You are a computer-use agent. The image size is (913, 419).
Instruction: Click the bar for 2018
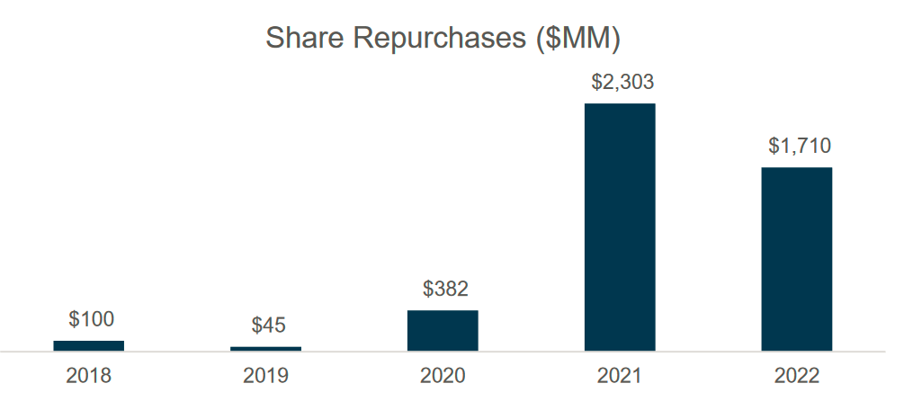(x=89, y=345)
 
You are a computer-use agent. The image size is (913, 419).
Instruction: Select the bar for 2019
(x=265, y=348)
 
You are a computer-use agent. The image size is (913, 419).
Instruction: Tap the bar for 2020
(x=443, y=330)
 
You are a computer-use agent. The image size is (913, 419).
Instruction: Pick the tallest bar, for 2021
(x=620, y=227)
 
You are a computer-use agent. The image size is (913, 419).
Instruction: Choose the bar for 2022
(x=796, y=258)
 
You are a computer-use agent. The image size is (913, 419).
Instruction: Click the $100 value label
(x=91, y=319)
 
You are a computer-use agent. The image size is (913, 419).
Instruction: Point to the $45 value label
(x=268, y=325)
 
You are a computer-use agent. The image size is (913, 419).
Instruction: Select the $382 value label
(x=445, y=290)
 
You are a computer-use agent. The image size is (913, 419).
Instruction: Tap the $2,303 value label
(x=622, y=82)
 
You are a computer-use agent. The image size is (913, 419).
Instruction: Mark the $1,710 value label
(x=799, y=146)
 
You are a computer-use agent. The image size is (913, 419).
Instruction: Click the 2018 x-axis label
(x=89, y=376)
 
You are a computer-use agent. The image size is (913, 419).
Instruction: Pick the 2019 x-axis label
(x=265, y=376)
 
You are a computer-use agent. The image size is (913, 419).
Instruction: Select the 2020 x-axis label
(x=443, y=376)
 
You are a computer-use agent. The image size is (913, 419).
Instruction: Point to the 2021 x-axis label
(x=620, y=376)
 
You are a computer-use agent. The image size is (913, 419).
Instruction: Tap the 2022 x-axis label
(x=796, y=376)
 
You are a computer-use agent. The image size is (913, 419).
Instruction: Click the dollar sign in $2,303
(x=596, y=82)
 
